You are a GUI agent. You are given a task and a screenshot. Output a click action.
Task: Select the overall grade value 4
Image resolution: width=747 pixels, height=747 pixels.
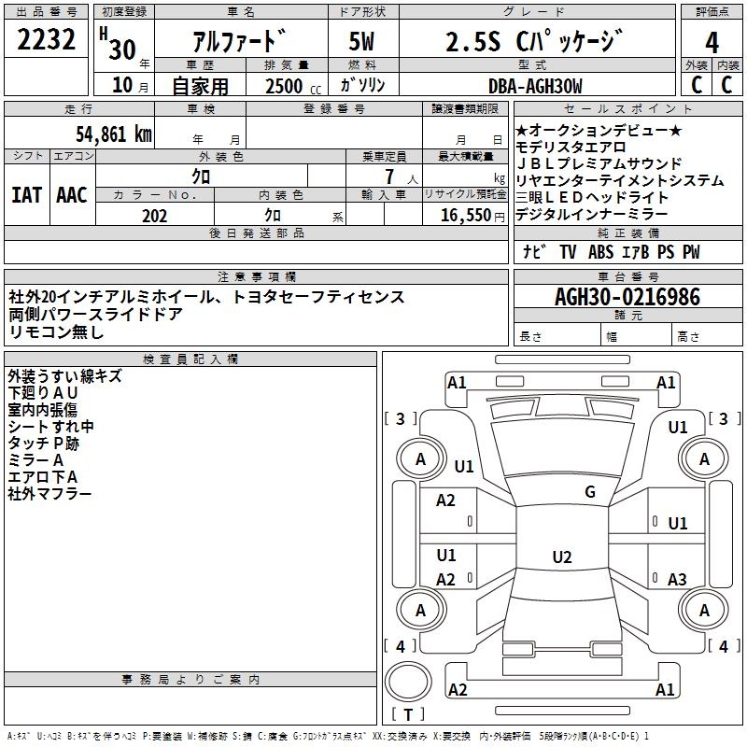tap(712, 43)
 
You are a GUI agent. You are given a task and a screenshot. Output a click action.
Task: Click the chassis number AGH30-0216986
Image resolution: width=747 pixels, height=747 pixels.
tap(627, 298)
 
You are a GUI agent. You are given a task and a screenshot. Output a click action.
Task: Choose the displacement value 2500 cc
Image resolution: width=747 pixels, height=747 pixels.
tap(289, 86)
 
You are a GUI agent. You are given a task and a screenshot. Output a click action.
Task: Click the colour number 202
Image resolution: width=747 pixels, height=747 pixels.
tap(154, 216)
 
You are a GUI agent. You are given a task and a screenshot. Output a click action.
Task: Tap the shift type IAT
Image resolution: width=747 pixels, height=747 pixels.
tap(27, 194)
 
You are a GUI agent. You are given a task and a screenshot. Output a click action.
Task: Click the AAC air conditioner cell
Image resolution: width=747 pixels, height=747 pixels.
tap(72, 194)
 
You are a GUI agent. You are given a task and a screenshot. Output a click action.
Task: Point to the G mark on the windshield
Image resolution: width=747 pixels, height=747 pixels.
tap(589, 492)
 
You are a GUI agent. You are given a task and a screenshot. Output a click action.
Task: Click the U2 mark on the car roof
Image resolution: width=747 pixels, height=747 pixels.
tap(561, 557)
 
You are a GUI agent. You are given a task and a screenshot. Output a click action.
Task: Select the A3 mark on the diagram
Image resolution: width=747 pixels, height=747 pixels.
tap(677, 579)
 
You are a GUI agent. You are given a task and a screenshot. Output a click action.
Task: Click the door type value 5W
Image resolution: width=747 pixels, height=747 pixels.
tap(363, 43)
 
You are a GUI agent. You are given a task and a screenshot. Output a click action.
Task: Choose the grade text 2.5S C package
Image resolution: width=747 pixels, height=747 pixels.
tap(531, 43)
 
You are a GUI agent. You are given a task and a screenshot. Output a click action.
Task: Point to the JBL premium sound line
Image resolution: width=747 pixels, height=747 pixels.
tap(599, 163)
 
